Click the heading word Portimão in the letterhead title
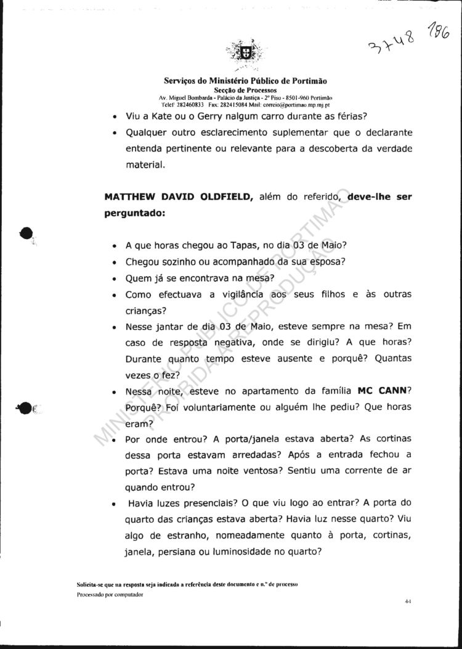[x=306, y=81]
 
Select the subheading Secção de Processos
[x=245, y=90]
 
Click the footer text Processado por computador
[x=110, y=595]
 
